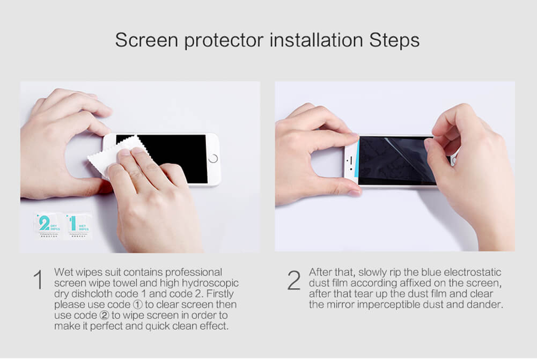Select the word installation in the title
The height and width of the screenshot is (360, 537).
click(x=310, y=40)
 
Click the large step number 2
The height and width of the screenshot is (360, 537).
click(x=294, y=281)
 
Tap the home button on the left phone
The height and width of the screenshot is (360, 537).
click(x=214, y=159)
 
